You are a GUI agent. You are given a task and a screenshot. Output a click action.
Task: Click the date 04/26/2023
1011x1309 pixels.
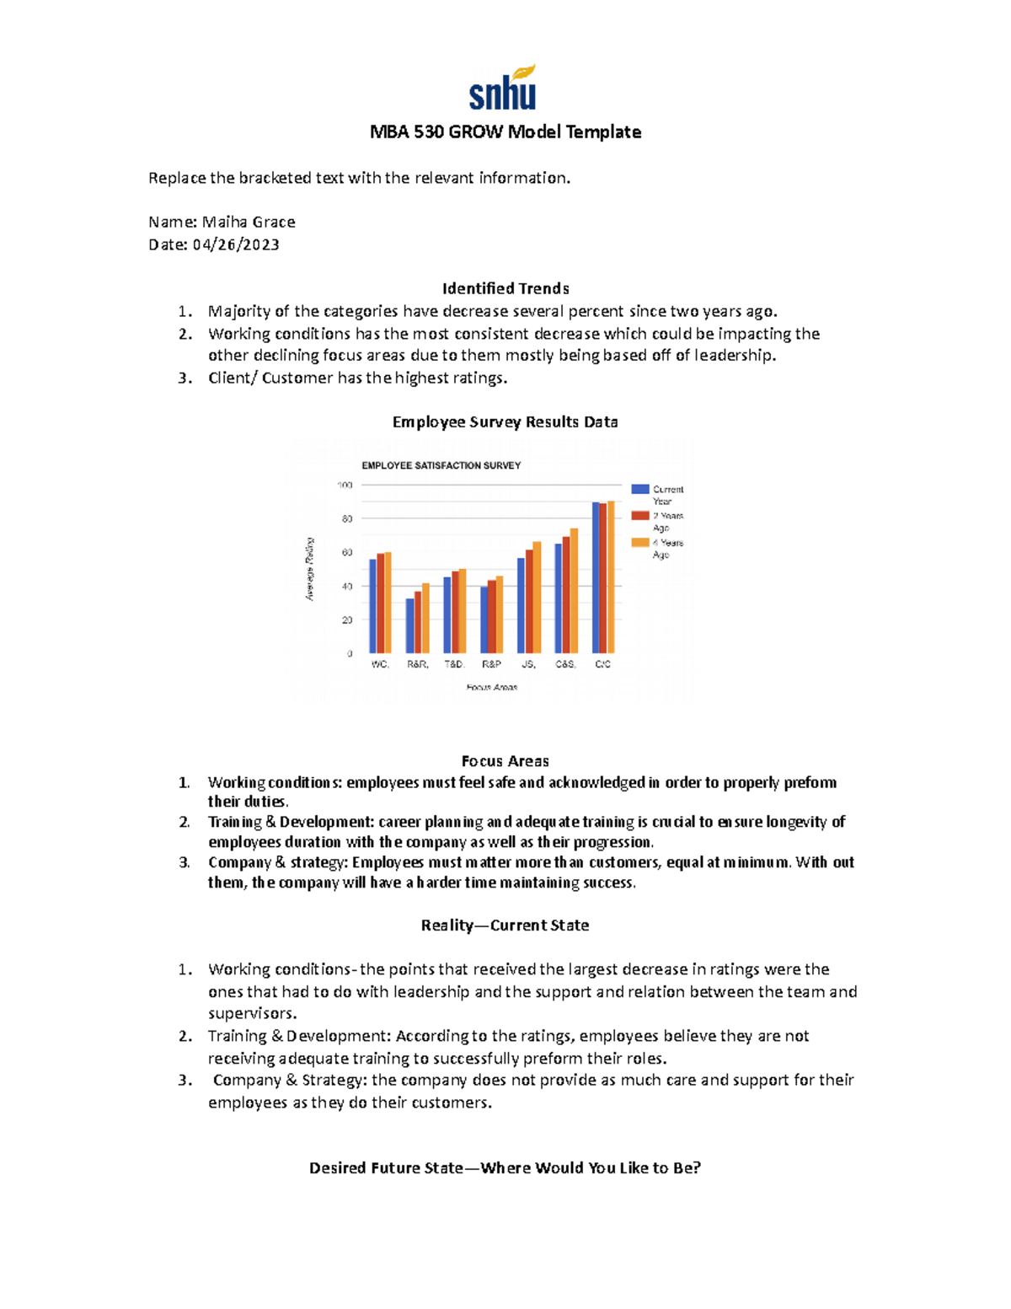pyautogui.click(x=236, y=245)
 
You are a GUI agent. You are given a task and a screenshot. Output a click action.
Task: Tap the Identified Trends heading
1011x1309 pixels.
pyautogui.click(x=505, y=288)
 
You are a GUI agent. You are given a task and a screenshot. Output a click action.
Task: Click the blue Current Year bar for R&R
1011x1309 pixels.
pyautogui.click(x=410, y=625)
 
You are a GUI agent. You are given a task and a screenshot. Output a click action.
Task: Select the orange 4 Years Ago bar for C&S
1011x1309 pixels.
pyautogui.click(x=574, y=590)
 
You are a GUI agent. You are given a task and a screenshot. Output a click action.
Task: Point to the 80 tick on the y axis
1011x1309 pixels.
pyautogui.click(x=347, y=519)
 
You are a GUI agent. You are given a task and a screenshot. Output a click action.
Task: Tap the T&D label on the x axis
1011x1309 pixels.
pyautogui.click(x=454, y=664)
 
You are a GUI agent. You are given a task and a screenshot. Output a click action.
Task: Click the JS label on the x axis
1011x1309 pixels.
pyautogui.click(x=528, y=664)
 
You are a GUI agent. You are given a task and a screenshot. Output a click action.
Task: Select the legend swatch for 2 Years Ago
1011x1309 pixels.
pyautogui.click(x=640, y=516)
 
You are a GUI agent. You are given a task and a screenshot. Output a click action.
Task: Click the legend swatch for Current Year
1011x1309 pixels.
pyautogui.click(x=640, y=489)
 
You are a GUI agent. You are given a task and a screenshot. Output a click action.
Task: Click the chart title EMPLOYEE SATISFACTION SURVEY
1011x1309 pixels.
pyautogui.click(x=441, y=465)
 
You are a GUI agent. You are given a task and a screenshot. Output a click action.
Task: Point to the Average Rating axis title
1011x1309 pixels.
pyautogui.click(x=309, y=569)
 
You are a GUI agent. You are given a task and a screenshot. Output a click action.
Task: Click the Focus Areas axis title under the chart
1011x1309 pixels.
pyautogui.click(x=492, y=688)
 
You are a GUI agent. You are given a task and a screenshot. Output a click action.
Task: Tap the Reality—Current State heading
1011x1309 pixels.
pyautogui.click(x=505, y=925)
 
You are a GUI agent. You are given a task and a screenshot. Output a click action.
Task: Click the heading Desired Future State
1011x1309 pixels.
pyautogui.click(x=505, y=1168)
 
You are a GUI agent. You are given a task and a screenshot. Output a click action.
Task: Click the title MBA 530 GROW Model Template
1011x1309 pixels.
pyautogui.click(x=505, y=132)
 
